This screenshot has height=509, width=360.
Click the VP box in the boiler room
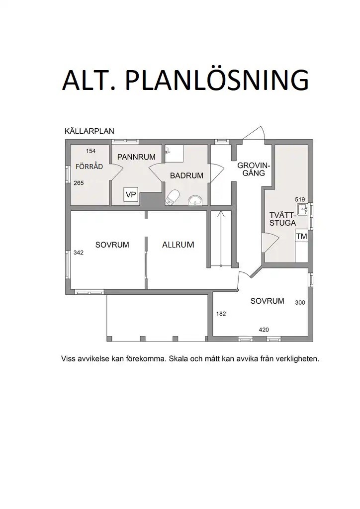(x=131, y=194)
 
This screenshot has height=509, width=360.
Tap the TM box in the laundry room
(x=301, y=237)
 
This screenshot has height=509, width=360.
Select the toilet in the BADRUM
(x=173, y=197)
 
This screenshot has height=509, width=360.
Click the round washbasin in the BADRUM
(x=195, y=200)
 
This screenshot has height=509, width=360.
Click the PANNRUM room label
(x=136, y=157)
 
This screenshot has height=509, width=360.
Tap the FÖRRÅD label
(x=89, y=167)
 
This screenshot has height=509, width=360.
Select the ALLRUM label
(x=178, y=245)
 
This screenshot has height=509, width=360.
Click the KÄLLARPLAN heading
(x=90, y=132)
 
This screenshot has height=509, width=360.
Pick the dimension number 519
(x=300, y=199)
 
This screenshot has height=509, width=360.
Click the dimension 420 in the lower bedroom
(x=264, y=330)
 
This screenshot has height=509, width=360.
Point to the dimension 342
(x=79, y=253)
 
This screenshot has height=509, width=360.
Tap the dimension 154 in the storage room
(x=90, y=151)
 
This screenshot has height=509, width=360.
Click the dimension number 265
(x=79, y=183)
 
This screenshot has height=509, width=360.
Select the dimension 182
(x=221, y=314)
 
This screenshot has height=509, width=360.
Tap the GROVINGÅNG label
(x=254, y=169)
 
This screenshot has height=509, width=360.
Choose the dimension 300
(x=300, y=302)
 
